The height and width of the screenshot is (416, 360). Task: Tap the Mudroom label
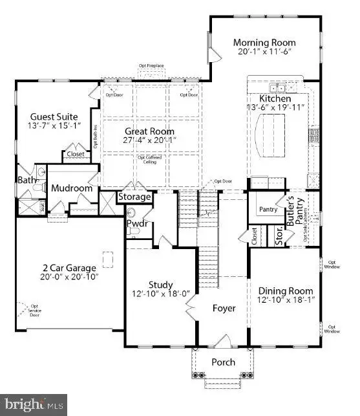click(72, 189)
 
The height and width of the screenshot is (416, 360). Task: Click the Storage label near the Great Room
click(134, 197)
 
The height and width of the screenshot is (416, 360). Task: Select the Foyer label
click(224, 309)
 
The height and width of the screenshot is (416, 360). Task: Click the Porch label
click(224, 362)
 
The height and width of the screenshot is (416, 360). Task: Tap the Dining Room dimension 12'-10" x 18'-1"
click(285, 301)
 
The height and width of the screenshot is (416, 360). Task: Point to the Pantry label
click(268, 210)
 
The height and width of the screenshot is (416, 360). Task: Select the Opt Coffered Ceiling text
click(149, 159)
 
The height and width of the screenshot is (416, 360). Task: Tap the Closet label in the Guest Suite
click(73, 155)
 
